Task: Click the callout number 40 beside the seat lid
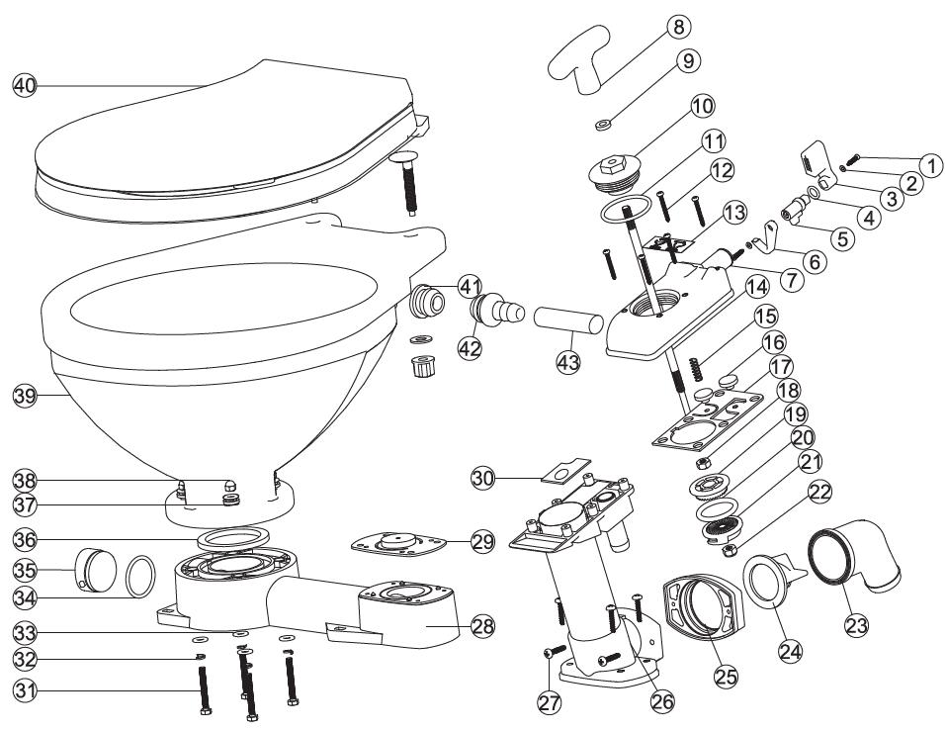[24, 86]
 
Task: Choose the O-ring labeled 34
[138, 577]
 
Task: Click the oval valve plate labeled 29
[396, 542]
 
